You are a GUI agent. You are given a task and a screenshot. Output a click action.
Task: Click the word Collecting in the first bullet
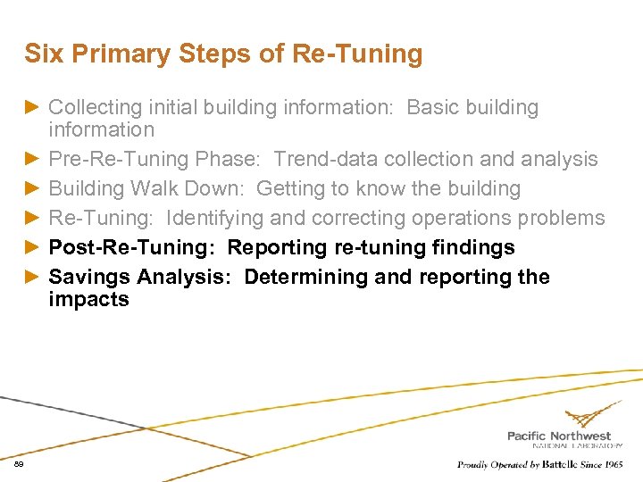coord(96,108)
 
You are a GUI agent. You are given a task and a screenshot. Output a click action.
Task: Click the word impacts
coord(88,299)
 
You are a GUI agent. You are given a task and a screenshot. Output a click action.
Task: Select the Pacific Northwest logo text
coord(559,436)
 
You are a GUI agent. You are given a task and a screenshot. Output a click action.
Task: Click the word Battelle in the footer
coord(558,464)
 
